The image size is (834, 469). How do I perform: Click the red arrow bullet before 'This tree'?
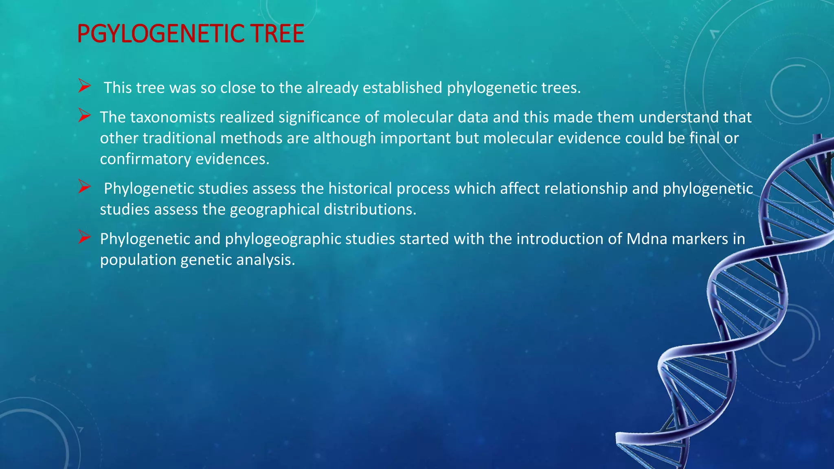[84, 86]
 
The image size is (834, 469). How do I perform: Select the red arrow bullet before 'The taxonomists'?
[84, 116]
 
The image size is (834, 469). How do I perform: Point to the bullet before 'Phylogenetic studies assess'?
[84, 187]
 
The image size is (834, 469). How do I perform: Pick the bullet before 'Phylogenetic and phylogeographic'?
[84, 237]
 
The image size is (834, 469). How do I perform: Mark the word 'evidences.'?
[233, 159]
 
